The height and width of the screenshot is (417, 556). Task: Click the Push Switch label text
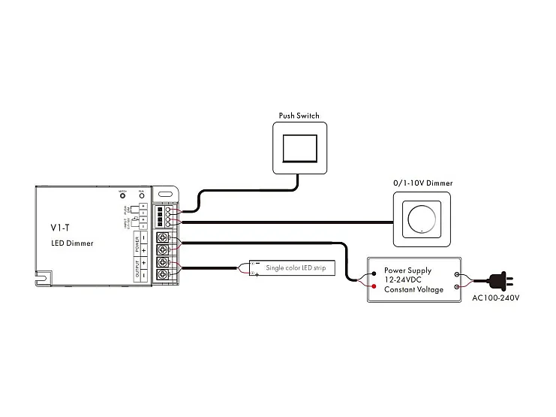pos(299,116)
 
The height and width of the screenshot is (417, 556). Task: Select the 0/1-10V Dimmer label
pos(423,183)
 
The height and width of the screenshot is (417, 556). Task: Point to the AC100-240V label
pos(496,298)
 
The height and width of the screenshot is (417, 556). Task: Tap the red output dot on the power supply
pos(373,286)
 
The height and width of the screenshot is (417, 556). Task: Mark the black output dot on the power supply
pos(373,274)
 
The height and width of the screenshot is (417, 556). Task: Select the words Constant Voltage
pos(413,289)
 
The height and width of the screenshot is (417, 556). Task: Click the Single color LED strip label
pos(296,267)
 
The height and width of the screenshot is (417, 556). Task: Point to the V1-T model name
pos(60,226)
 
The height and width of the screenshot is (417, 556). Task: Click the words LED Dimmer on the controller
pos(72,243)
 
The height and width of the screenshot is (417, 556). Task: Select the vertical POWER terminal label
pos(137,243)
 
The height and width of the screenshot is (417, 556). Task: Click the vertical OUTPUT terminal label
pos(137,270)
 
